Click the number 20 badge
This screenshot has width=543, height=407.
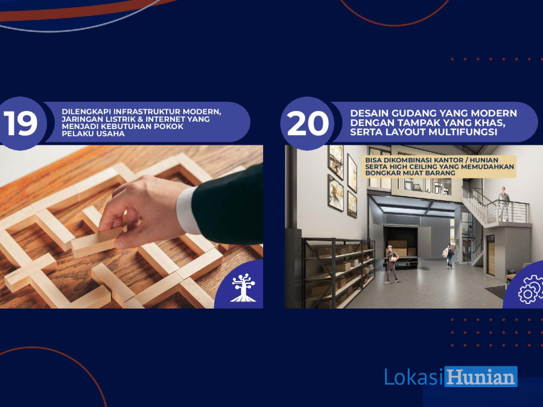(307, 123)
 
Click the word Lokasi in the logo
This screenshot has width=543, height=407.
(414, 377)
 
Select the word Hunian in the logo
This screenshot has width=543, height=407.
(481, 377)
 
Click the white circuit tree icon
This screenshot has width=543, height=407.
(244, 287)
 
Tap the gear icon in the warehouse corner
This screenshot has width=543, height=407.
(531, 289)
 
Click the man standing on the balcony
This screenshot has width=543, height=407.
(504, 204)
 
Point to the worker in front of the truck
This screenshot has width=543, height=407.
(392, 265)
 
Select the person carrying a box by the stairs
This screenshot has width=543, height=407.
(448, 256)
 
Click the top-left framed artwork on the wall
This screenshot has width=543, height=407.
(336, 162)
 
